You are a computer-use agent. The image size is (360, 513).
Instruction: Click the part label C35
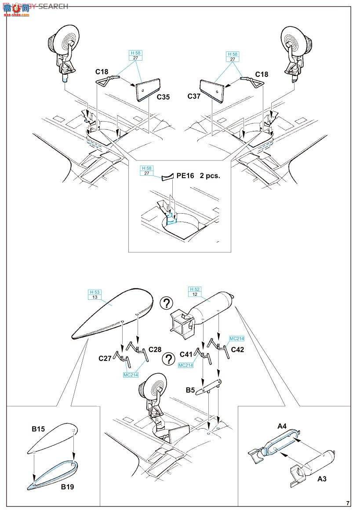click(162, 97)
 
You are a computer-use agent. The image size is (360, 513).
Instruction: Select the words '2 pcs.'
click(209, 175)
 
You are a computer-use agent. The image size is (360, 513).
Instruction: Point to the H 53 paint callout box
click(95, 295)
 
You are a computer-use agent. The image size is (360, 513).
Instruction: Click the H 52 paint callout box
click(195, 291)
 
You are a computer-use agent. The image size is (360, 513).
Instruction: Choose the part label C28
click(155, 349)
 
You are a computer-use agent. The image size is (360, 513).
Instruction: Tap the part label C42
click(237, 349)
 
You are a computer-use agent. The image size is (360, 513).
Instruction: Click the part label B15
click(38, 429)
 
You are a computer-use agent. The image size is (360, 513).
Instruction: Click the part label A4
click(282, 426)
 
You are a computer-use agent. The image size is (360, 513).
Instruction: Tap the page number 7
click(348, 503)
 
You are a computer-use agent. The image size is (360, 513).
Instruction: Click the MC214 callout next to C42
click(236, 339)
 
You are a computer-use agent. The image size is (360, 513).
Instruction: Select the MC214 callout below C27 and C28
click(131, 375)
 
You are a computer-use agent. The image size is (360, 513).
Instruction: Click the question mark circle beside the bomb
click(166, 303)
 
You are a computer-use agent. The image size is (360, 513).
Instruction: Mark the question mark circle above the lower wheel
click(168, 359)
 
